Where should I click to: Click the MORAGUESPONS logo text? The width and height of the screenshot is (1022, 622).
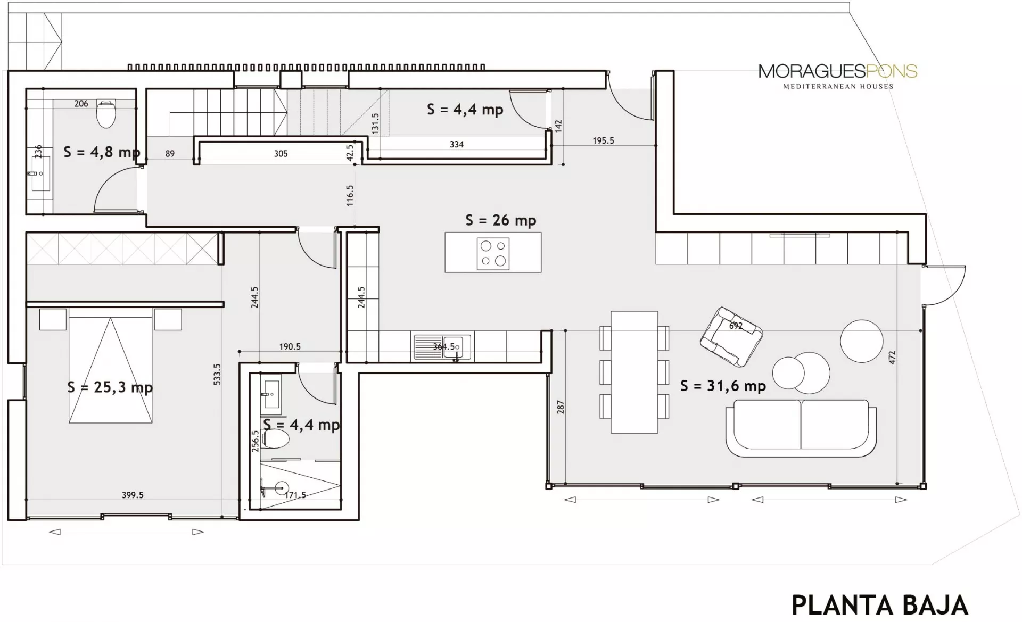point(838,71)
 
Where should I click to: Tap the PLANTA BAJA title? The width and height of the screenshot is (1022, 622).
point(879,605)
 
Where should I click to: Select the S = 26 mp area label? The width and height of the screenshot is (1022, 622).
point(500,220)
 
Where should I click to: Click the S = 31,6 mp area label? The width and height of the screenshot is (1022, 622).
point(723,386)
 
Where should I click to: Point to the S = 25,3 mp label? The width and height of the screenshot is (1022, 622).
point(110,387)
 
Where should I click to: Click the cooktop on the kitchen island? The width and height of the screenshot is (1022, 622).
point(493,254)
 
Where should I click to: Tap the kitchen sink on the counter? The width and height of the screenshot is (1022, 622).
point(442,347)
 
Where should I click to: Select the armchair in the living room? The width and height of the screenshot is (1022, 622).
point(731,337)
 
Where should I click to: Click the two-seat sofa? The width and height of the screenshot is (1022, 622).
point(801,428)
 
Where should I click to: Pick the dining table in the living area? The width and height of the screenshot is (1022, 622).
point(634,372)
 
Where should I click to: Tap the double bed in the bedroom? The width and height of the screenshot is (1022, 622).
point(110,366)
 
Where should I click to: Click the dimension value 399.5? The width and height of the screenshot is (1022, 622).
point(133,495)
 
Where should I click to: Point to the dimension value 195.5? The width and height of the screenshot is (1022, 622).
point(603,141)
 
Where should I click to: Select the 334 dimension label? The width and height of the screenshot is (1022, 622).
point(457,144)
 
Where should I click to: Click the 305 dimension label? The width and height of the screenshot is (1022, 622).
point(281,154)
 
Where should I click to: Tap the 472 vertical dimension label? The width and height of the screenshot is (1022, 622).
point(892,357)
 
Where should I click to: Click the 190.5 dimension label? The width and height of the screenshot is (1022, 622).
point(290,346)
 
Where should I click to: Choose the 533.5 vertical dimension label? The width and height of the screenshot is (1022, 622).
point(217,374)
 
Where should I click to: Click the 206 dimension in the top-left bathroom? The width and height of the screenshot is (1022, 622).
point(81,104)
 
